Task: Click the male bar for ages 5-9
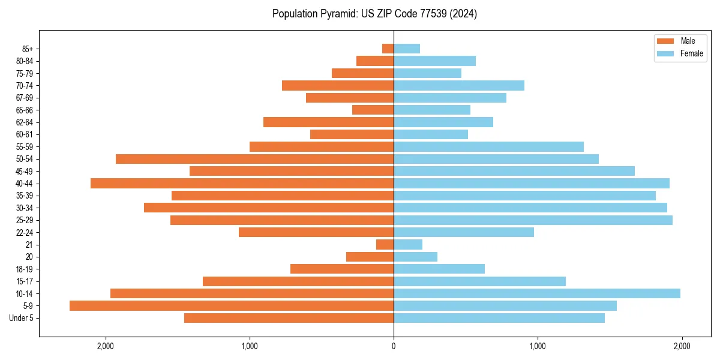click(x=232, y=305)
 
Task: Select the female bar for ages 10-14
click(x=537, y=293)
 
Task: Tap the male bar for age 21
click(x=385, y=244)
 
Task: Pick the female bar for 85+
click(x=407, y=49)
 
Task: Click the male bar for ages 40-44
click(x=242, y=183)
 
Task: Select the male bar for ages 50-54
click(x=255, y=159)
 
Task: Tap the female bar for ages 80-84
click(x=435, y=61)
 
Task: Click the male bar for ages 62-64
click(x=329, y=122)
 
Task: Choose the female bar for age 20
click(x=416, y=257)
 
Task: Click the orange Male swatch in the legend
click(x=666, y=41)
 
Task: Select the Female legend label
click(x=691, y=53)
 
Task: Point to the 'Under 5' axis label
click(x=22, y=318)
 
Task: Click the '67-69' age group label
click(x=25, y=98)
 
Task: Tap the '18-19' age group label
click(x=25, y=269)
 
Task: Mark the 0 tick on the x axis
click(x=394, y=346)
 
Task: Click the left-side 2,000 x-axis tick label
click(x=106, y=346)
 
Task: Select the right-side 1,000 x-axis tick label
click(x=538, y=346)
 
